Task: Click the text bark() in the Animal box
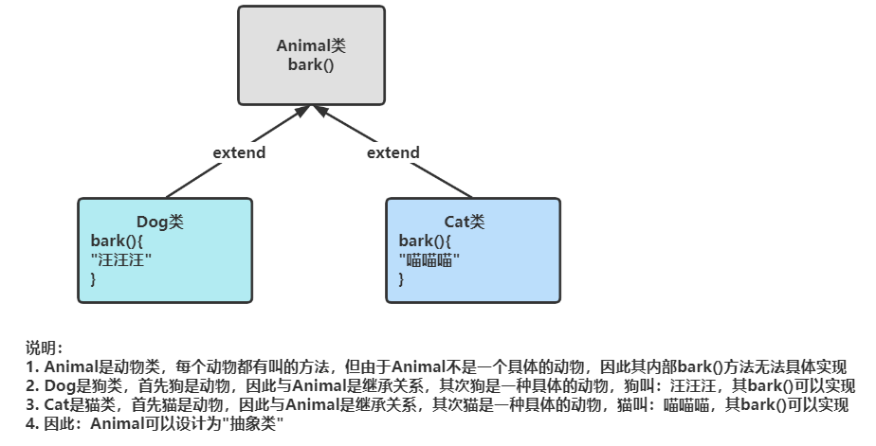point(311,64)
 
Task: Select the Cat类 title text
point(464,222)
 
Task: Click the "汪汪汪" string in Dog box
point(121,259)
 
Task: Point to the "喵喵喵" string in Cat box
point(429,259)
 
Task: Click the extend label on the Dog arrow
point(238,152)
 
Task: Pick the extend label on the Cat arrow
point(392,152)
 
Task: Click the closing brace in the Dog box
point(94,278)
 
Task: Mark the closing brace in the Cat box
point(402,278)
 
